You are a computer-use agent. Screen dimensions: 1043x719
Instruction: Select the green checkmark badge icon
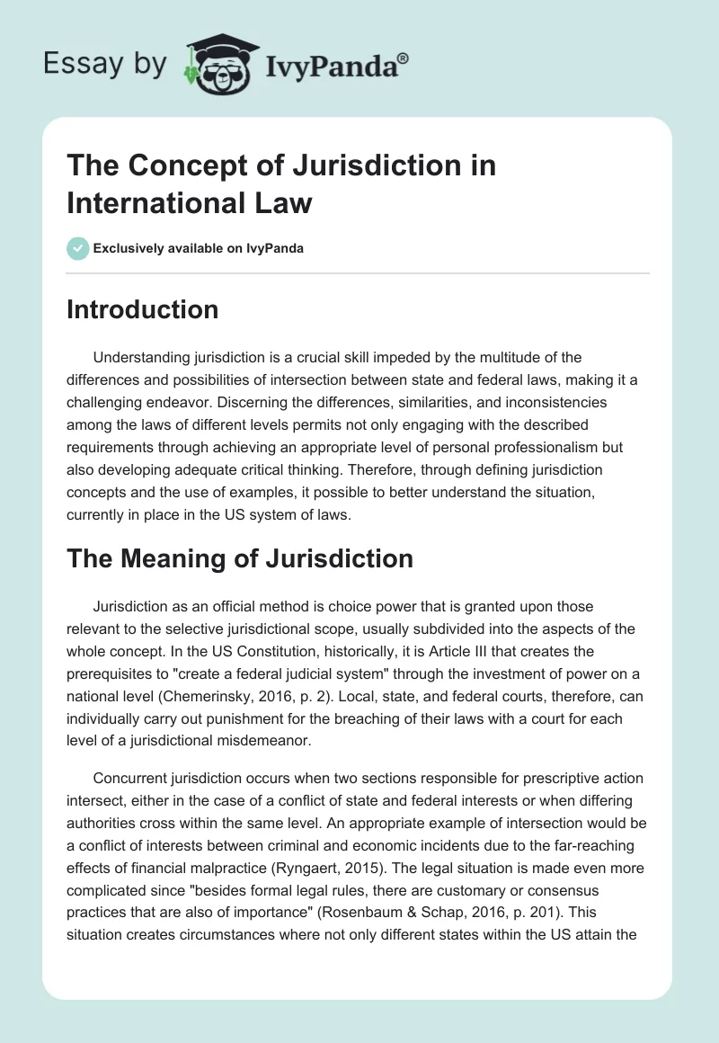(x=77, y=248)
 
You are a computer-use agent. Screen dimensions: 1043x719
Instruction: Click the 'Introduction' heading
(x=143, y=309)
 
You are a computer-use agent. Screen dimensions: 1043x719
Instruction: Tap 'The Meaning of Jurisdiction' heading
(x=240, y=558)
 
